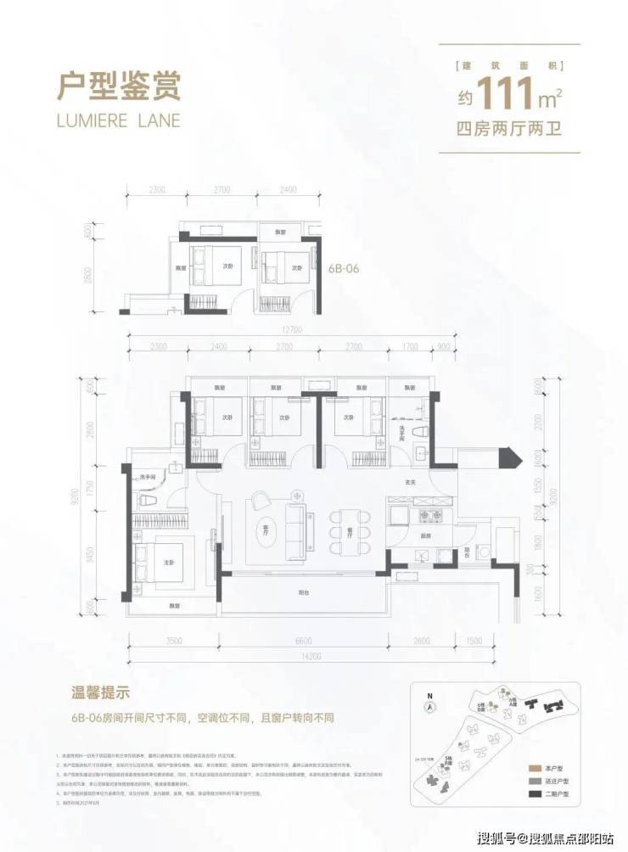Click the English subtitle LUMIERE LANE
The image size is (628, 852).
click(118, 120)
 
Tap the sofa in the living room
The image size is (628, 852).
click(299, 516)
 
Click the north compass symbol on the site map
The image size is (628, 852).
click(430, 706)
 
